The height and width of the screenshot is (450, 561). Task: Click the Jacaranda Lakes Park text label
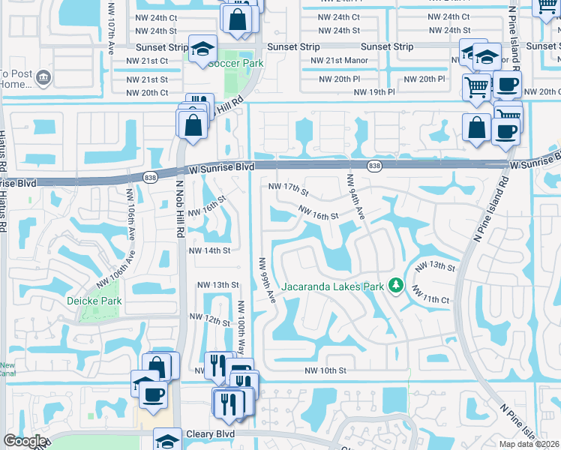[331, 286]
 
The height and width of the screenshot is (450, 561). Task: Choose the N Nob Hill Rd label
[180, 211]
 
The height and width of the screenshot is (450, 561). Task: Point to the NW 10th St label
[325, 370]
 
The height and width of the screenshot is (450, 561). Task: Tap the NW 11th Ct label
[430, 298]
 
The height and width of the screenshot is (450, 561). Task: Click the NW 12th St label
[209, 320]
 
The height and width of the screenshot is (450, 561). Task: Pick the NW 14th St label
[209, 250]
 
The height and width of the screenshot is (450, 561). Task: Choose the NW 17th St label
[283, 186]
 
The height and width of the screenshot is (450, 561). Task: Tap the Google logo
[25, 441]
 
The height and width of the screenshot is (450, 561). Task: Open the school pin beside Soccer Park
[202, 49]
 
